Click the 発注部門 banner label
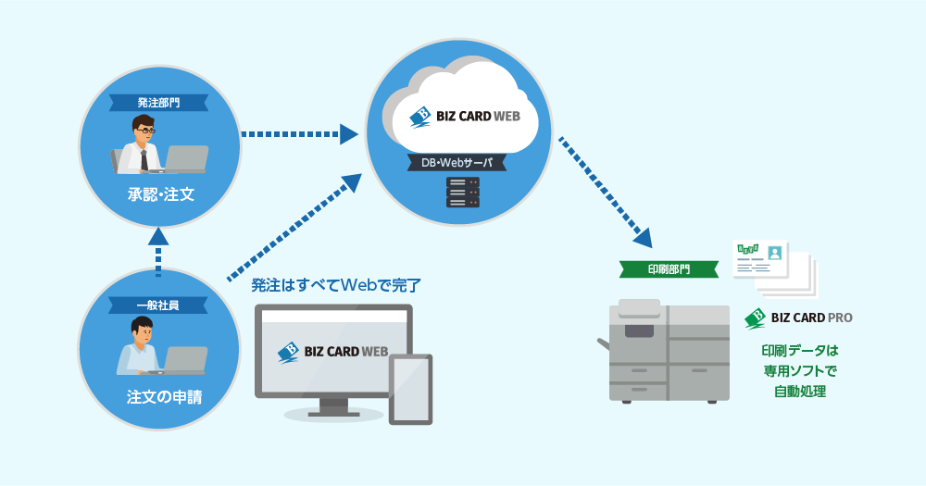point(159,102)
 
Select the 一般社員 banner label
point(159,304)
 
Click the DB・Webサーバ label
point(457,162)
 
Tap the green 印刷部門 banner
point(668,269)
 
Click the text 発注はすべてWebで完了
point(336,284)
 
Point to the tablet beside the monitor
point(410,389)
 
